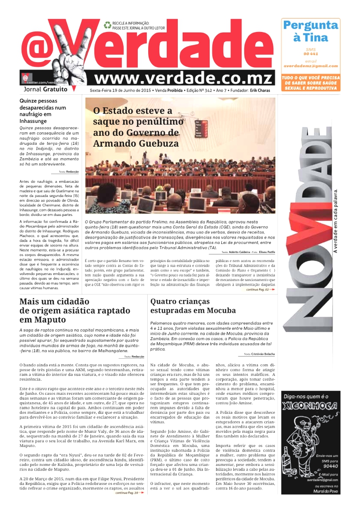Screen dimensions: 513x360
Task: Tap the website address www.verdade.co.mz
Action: point(183,78)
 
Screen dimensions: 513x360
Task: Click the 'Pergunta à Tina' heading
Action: point(310,31)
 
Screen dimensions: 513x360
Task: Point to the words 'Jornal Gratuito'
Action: point(46,89)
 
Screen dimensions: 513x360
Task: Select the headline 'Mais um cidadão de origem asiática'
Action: point(75,310)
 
